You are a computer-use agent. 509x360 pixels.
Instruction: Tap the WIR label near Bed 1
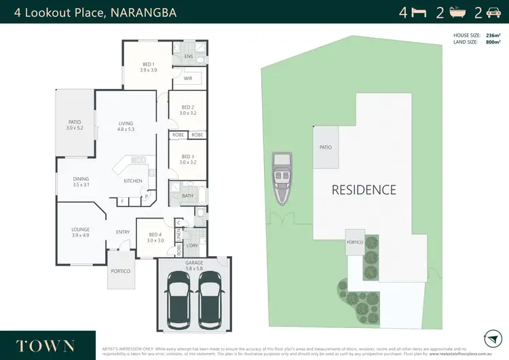(x=188, y=79)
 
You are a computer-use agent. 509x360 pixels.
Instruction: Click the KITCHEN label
(x=132, y=181)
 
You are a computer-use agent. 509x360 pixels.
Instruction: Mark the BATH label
(x=188, y=196)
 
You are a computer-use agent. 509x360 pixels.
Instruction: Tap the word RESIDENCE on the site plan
(x=364, y=190)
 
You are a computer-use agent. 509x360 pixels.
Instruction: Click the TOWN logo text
(x=45, y=344)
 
